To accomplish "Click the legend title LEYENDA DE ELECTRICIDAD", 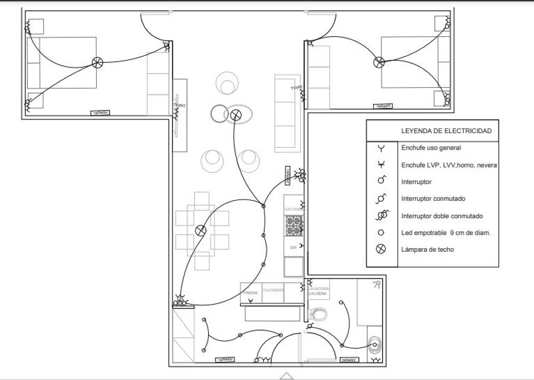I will tap(446, 131).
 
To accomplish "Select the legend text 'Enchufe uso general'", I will tap(431, 148).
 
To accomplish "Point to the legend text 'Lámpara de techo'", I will tap(427, 249).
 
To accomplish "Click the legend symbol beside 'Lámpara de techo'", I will tap(382, 249).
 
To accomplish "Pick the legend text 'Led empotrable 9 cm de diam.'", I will tap(446, 233).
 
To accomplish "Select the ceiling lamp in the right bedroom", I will tap(379, 62).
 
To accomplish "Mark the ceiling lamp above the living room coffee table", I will tap(236, 115).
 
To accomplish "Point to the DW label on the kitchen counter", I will tap(293, 247).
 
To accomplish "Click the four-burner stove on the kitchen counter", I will tap(294, 225).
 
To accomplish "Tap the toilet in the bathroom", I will tap(318, 315).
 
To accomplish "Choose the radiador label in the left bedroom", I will tap(100, 112).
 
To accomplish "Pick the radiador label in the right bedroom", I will tap(384, 106).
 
